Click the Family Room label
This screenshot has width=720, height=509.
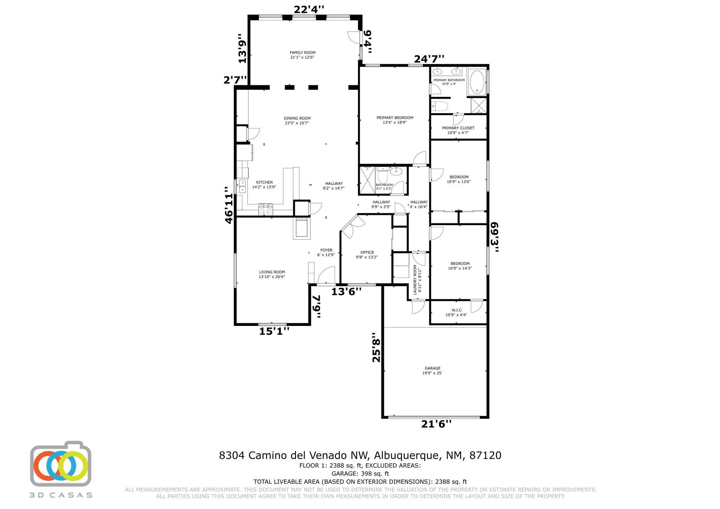point(302,55)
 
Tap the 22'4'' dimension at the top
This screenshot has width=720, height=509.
point(309,9)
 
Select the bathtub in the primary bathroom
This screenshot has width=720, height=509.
point(477,82)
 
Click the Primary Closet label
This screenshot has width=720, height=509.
point(458,130)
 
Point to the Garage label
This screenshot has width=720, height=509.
point(432,371)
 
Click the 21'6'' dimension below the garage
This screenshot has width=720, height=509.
point(436,424)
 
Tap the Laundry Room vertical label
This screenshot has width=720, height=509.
point(417,280)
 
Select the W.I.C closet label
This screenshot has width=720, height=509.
point(456,312)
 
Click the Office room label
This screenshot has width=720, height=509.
point(367,254)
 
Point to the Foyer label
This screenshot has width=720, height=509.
point(326,252)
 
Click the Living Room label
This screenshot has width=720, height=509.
point(272,274)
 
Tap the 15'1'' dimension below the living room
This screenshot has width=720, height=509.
point(274,331)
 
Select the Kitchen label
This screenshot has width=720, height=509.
point(264,184)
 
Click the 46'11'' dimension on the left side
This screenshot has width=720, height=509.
point(229,205)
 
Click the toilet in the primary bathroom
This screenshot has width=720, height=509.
point(439,105)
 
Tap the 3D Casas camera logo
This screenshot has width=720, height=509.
point(60,464)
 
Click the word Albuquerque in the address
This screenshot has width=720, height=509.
point(406,456)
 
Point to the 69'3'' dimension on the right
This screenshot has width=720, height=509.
point(495,237)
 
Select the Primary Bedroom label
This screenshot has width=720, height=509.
point(395,120)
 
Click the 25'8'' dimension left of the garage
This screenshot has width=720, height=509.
point(376,347)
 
